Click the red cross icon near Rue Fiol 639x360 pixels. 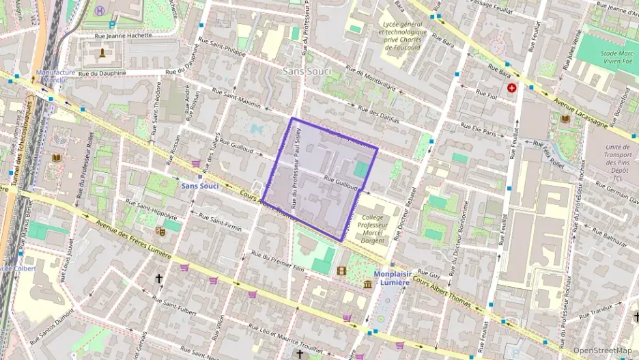pyautogui.click(x=512, y=88)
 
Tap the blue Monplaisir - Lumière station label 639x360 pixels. pyautogui.click(x=400, y=278)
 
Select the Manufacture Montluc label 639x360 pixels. pyautogui.click(x=56, y=77)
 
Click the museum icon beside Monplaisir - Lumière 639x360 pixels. pyautogui.click(x=368, y=283)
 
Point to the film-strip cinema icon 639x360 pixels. pyautogui.click(x=341, y=271)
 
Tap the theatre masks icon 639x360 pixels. pyautogui.click(x=161, y=231)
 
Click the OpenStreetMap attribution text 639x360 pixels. pyautogui.click(x=602, y=350)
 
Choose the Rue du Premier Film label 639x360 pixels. pyautogui.click(x=278, y=260)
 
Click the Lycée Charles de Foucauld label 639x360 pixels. pyautogui.click(x=403, y=36)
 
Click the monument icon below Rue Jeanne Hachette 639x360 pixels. pyautogui.click(x=102, y=53)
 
